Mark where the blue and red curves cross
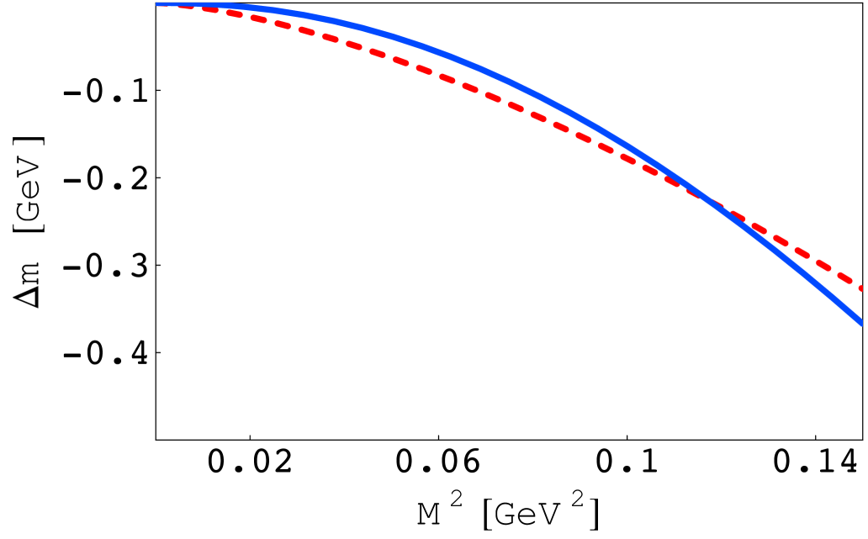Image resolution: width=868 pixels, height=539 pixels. point(711,201)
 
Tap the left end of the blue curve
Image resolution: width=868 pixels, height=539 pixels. point(159,4)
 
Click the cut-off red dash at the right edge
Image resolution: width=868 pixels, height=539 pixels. point(861,288)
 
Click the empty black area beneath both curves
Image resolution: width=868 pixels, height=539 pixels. point(336,336)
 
